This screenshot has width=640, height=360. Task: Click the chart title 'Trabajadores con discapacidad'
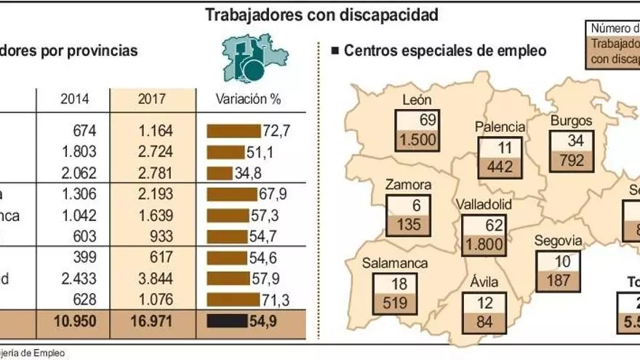(321, 14)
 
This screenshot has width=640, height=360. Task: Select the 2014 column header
(75, 100)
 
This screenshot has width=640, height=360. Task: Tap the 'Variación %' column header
(248, 100)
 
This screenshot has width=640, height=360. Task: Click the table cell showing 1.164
(153, 132)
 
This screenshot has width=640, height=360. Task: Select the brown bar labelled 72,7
(233, 132)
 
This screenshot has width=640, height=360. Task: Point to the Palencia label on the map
(500, 127)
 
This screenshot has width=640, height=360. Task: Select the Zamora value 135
(409, 224)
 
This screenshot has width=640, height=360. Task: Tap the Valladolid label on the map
(484, 204)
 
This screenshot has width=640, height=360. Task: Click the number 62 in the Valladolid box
(484, 225)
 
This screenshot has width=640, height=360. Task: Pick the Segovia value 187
(558, 281)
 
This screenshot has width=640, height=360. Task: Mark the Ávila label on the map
(485, 281)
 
